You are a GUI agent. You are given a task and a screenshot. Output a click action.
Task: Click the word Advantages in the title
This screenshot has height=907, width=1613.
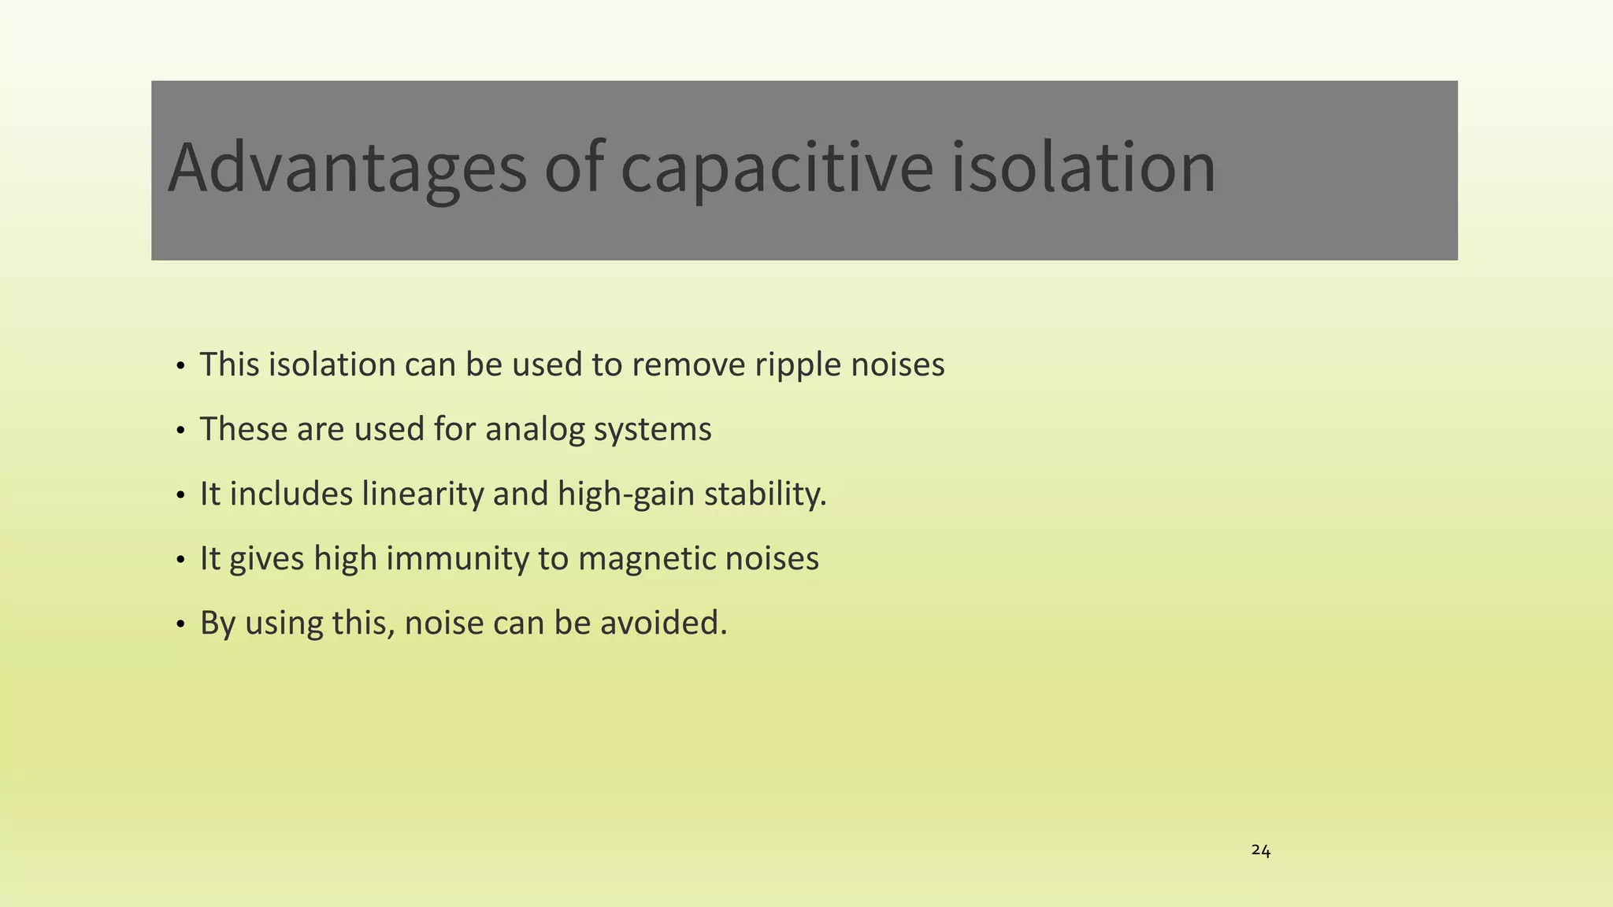(x=347, y=168)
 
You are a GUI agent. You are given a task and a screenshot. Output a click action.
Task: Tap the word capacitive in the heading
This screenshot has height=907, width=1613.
(x=776, y=168)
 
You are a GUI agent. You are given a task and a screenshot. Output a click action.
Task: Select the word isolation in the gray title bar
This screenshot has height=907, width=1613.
(x=1083, y=168)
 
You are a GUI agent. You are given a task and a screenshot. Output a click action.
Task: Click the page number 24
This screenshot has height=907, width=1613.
(x=1260, y=851)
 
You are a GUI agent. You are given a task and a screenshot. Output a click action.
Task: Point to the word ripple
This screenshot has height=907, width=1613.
(x=797, y=365)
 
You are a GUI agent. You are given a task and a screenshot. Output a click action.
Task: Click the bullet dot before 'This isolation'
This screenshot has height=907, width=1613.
(x=180, y=367)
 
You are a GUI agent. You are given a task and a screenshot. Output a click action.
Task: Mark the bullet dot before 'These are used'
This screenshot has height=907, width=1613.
(x=180, y=431)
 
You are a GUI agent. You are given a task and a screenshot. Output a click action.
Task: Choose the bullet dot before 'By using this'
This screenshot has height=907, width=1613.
(x=180, y=625)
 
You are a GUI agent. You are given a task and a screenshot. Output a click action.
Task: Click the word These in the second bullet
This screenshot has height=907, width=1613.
(x=243, y=430)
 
